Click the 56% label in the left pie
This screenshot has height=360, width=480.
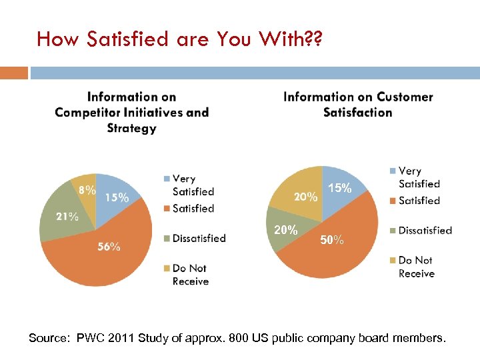(109, 247)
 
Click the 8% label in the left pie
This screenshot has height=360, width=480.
(87, 190)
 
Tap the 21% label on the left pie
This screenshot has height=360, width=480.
(67, 216)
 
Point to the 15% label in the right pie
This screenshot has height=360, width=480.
(340, 189)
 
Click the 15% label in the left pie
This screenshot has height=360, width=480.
(117, 197)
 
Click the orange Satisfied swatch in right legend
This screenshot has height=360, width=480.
(393, 201)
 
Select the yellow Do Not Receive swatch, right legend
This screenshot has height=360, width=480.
(393, 261)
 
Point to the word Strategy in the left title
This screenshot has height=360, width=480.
(131, 128)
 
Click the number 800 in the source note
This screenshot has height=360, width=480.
(239, 339)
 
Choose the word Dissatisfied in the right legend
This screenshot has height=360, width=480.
(425, 231)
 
